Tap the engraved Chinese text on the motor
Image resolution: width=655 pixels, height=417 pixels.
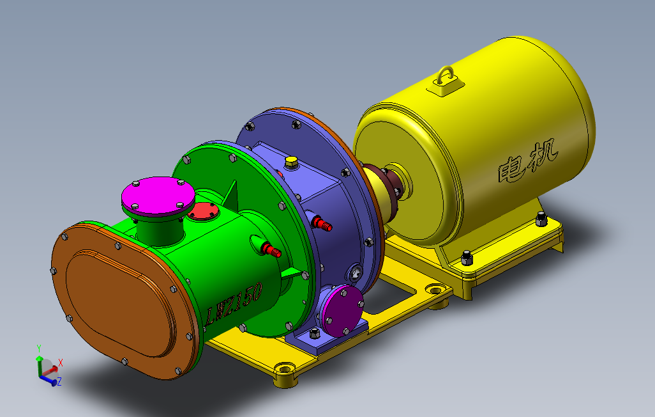click(528, 161)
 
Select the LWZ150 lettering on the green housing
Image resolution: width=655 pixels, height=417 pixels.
click(234, 304)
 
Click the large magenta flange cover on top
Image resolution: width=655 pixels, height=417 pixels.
click(158, 196)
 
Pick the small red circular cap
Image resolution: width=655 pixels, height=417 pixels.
click(203, 211)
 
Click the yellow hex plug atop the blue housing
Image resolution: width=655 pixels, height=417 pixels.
click(291, 162)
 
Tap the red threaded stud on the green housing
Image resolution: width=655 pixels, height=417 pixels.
click(271, 249)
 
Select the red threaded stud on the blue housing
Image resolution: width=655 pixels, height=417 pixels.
click(322, 224)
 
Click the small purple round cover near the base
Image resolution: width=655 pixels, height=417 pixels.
click(343, 311)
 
